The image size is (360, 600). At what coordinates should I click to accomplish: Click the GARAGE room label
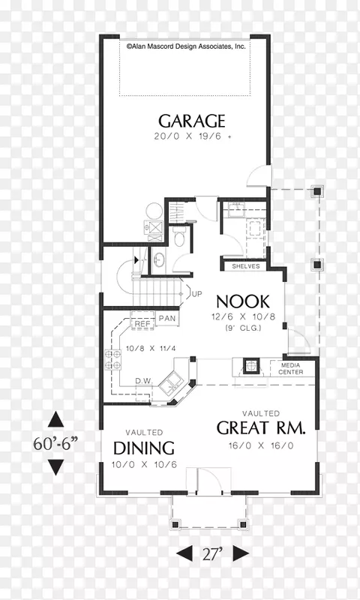[192, 121]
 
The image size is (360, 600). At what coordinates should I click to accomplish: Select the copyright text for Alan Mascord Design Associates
[186, 46]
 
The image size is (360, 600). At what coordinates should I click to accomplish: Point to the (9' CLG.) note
[243, 328]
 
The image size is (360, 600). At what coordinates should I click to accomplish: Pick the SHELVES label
[245, 266]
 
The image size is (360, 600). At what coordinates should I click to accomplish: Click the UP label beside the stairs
[197, 294]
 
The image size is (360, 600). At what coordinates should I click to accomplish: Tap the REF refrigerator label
[142, 325]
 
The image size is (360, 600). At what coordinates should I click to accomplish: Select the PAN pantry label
[167, 318]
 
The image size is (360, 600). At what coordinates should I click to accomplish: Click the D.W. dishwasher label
[144, 381]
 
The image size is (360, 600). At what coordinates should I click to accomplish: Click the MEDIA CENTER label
[291, 368]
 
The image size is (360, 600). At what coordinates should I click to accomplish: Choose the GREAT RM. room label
[261, 428]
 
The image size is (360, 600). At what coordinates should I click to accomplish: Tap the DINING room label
[144, 448]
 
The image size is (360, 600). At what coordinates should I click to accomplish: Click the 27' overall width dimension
[213, 553]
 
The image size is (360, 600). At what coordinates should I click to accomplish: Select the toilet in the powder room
[178, 237]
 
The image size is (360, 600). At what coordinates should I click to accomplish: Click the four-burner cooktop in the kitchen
[113, 360]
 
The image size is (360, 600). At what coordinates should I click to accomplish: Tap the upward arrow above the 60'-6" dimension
[55, 419]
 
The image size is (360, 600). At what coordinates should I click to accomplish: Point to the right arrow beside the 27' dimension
[241, 553]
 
